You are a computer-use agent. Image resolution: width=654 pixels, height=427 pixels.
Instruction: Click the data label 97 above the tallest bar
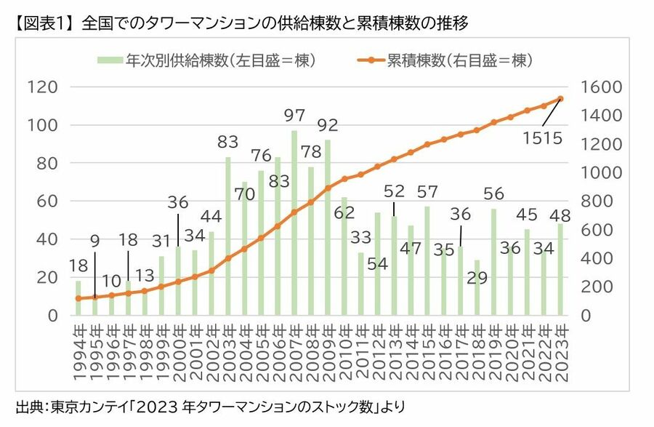(x=294, y=116)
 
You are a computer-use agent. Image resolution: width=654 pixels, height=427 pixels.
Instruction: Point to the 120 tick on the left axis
(x=42, y=87)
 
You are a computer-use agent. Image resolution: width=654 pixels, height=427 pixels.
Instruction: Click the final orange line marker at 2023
(x=560, y=99)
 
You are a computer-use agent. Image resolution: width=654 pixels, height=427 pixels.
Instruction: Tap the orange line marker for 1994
(x=78, y=298)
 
